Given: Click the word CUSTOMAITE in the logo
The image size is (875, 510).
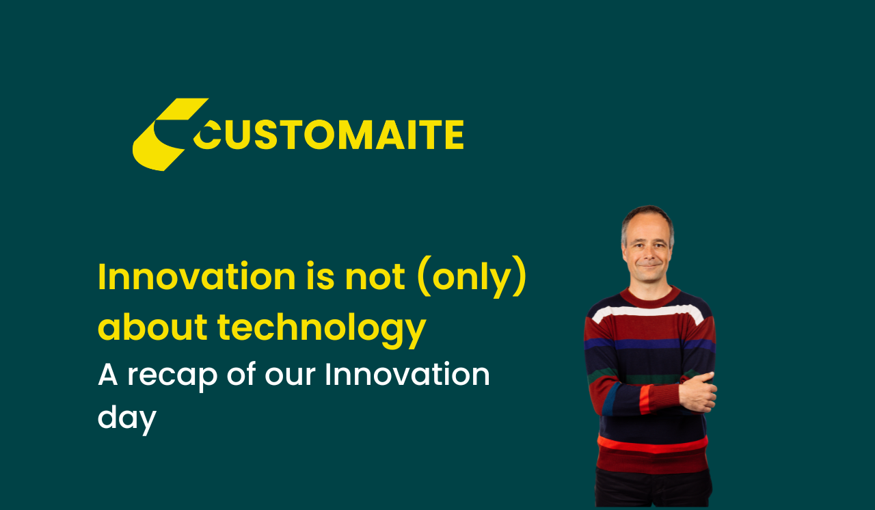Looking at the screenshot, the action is tap(329, 135).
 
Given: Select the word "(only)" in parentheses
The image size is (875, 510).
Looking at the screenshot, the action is tap(472, 278).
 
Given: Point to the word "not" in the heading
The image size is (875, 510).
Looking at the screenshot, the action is tap(375, 278).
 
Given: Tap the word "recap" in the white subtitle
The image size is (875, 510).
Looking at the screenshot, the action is tap(172, 377).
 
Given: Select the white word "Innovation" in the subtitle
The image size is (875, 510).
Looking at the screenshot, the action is tap(407, 374).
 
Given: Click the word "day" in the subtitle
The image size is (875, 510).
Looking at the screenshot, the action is tap(127, 418).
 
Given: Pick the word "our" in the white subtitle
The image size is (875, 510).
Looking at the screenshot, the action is tap(290, 377).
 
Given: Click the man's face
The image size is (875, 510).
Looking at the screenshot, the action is tap(648, 250).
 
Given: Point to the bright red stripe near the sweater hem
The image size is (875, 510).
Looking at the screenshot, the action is tap(652, 445).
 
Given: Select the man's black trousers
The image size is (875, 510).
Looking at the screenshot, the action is tap(653, 488).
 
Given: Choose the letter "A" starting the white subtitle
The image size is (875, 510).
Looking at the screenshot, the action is tap(108, 374).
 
